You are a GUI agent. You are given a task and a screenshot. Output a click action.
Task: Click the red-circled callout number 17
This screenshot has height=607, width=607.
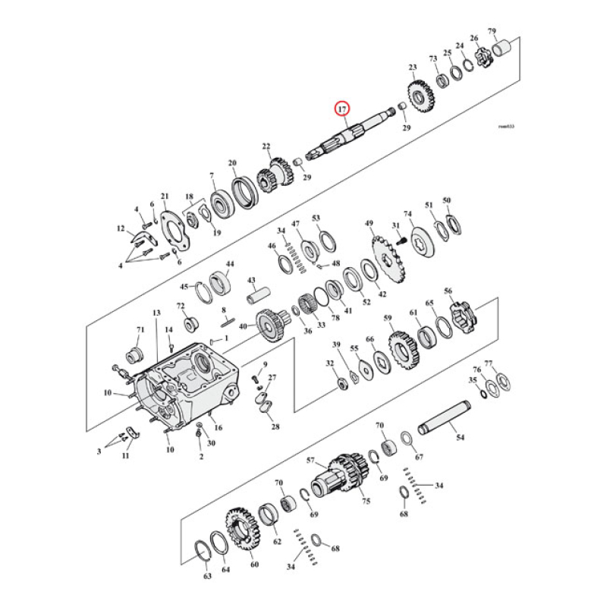(x=343, y=109)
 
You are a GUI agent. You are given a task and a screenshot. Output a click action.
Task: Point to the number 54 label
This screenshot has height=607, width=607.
(x=460, y=439)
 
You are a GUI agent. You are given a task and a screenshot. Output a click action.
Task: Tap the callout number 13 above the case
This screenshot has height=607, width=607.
(x=156, y=313)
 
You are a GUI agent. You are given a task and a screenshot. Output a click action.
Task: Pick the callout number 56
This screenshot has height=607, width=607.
(x=448, y=291)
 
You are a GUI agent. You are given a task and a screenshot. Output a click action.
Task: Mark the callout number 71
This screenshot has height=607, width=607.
(x=140, y=330)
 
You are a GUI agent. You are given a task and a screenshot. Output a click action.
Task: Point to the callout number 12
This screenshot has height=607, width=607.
(x=120, y=228)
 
